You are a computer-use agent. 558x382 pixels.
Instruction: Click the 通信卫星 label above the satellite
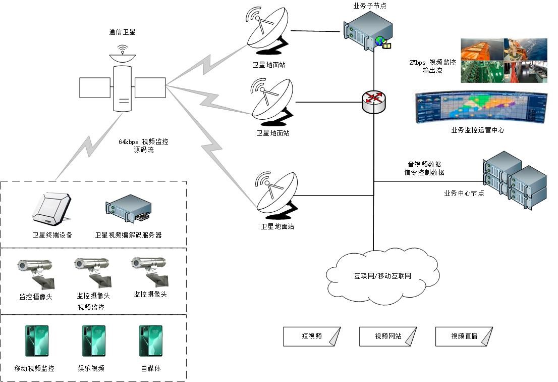tap(122, 32)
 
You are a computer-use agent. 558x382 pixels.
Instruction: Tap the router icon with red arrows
tap(374, 102)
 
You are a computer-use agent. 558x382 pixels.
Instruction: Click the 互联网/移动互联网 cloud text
tap(382, 276)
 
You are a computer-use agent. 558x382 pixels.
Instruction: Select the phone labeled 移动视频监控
tap(37, 341)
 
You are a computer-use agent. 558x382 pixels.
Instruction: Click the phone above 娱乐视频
tap(94, 341)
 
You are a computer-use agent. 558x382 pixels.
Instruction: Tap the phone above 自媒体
tap(150, 341)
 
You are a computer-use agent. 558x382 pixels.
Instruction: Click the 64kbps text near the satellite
tap(129, 142)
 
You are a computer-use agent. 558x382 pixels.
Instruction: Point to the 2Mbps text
tap(418, 63)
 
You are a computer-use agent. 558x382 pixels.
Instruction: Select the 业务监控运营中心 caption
tap(477, 130)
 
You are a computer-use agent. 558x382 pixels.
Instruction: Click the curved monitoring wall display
tap(480, 107)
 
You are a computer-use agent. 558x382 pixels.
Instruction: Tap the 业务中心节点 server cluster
tap(515, 179)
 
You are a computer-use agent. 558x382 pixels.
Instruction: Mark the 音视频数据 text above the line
tap(424, 164)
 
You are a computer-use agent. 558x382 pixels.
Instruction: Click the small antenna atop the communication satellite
tap(122, 51)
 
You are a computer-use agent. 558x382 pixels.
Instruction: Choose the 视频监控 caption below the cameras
tap(91, 307)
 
